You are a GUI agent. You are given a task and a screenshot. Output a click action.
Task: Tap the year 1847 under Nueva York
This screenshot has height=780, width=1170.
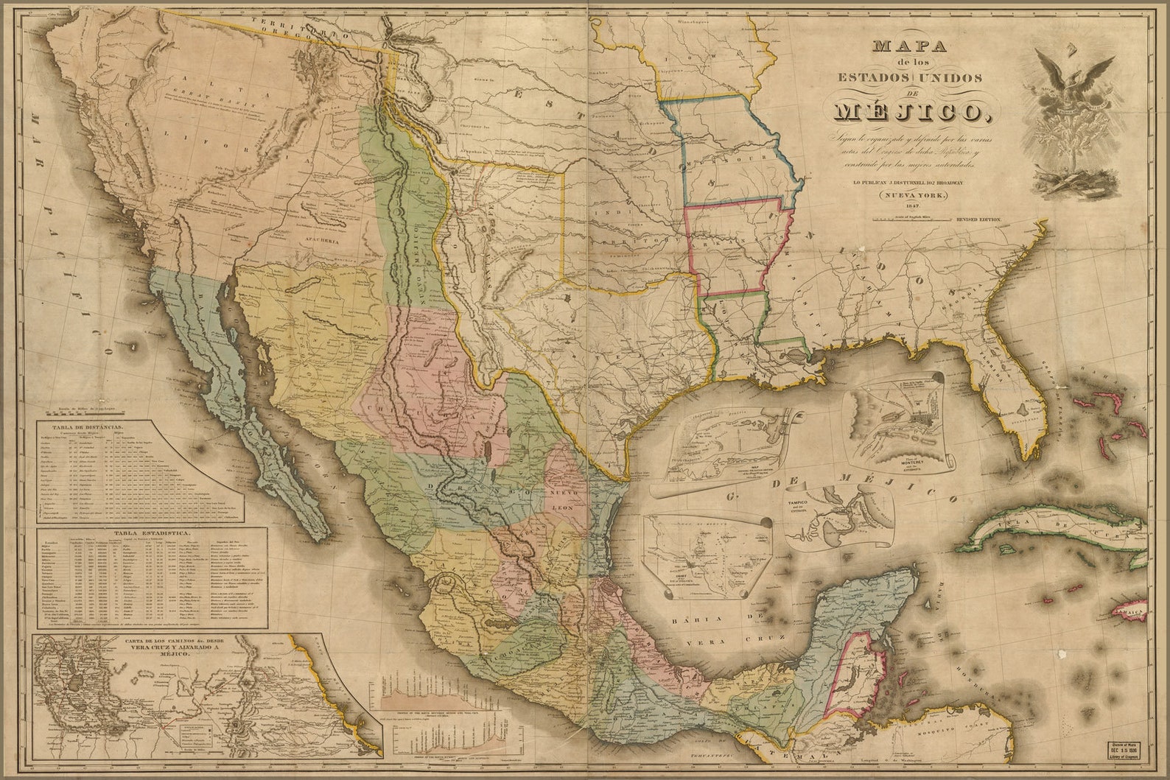(907, 207)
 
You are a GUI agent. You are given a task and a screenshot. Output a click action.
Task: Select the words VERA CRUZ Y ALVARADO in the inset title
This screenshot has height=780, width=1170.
(169, 647)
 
